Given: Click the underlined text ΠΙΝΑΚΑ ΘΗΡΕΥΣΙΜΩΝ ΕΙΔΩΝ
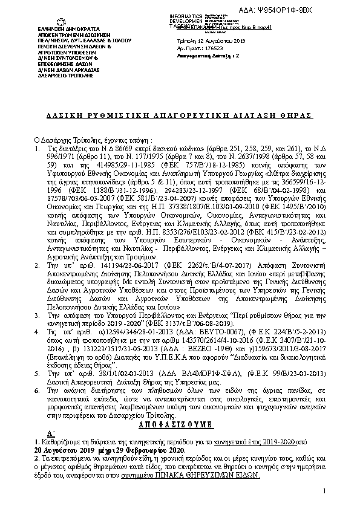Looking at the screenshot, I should pos(220,476).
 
